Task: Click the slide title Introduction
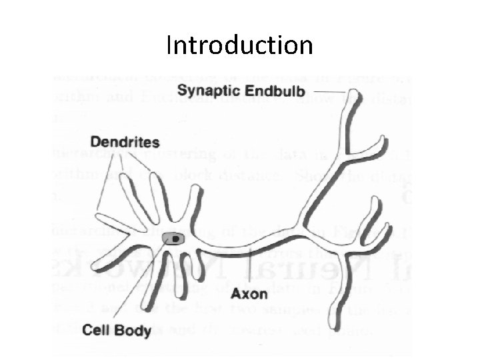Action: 239,45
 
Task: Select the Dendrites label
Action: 125,142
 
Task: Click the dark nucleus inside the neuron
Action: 175,238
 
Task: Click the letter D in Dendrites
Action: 95,142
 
